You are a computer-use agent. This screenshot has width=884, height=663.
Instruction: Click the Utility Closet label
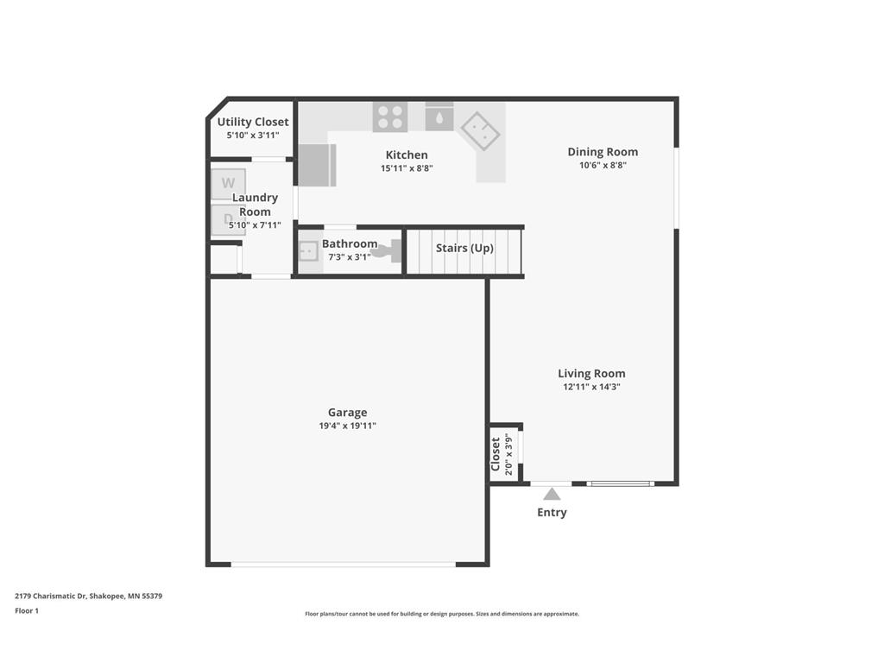pyautogui.click(x=253, y=122)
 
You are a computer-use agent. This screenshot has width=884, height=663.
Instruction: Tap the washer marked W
pyautogui.click(x=229, y=183)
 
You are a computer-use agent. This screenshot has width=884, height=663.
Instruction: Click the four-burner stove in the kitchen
pyautogui.click(x=390, y=117)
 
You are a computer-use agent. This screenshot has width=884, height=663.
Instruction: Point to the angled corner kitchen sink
pyautogui.click(x=481, y=131)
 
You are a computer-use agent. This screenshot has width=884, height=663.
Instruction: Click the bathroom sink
pyautogui.click(x=308, y=250)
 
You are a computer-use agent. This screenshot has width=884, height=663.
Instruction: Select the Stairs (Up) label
pyautogui.click(x=464, y=248)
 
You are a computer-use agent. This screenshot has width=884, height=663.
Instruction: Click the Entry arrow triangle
pyautogui.click(x=552, y=494)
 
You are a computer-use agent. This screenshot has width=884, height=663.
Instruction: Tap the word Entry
pyautogui.click(x=552, y=512)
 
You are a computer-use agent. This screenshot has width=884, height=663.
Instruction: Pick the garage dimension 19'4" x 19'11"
pyautogui.click(x=347, y=426)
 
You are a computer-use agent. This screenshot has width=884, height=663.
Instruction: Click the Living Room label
pyautogui.click(x=591, y=374)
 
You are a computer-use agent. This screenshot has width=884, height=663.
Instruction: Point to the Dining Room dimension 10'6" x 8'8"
pyautogui.click(x=603, y=165)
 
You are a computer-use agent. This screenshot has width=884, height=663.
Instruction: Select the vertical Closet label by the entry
pyautogui.click(x=496, y=455)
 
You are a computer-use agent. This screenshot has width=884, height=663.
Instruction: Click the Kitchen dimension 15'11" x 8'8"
pyautogui.click(x=407, y=168)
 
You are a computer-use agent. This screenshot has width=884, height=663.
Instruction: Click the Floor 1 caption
pyautogui.click(x=27, y=610)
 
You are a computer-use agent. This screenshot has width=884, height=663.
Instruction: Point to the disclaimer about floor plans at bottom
pyautogui.click(x=441, y=614)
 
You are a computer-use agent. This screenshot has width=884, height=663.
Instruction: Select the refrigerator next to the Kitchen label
pyautogui.click(x=317, y=165)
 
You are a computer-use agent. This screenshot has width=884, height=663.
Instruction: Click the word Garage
pyautogui.click(x=347, y=413)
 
